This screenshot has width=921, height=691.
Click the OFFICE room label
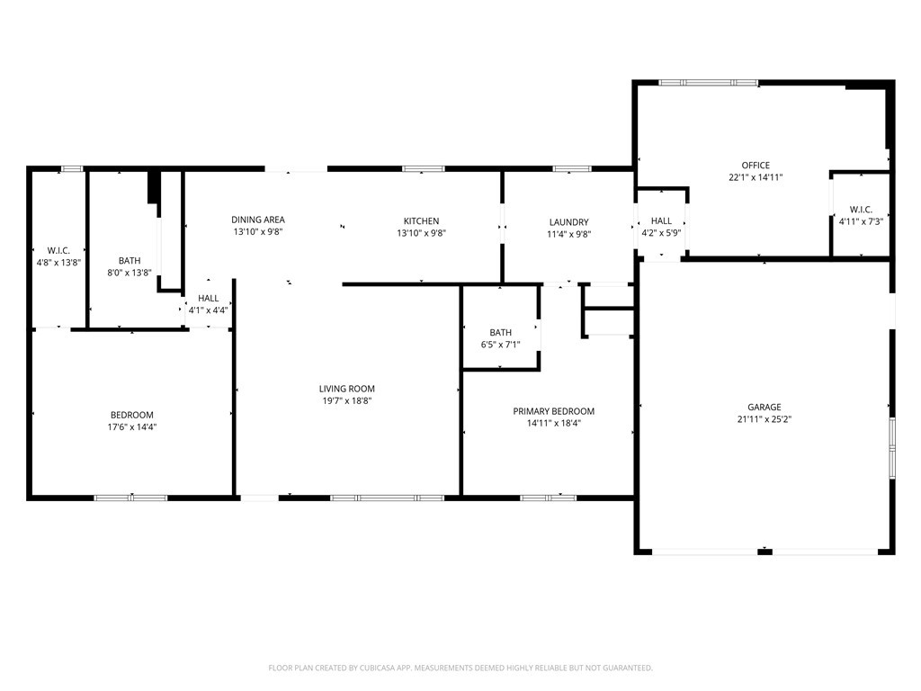click(x=756, y=166)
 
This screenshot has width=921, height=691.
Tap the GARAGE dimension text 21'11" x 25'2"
click(x=764, y=419)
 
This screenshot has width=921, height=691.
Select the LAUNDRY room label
click(x=568, y=222)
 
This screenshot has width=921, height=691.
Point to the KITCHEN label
click(x=421, y=220)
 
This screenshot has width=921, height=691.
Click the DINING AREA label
click(x=258, y=220)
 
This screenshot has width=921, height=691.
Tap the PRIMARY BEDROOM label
click(x=553, y=411)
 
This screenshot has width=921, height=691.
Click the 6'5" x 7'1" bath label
click(x=500, y=344)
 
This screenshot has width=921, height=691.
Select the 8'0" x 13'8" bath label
click(x=129, y=272)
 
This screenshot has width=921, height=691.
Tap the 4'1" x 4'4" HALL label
click(x=208, y=310)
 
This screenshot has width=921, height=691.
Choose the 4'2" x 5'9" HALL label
click(x=661, y=233)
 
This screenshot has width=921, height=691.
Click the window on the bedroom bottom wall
click(x=131, y=497)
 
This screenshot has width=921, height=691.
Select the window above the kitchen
click(x=423, y=168)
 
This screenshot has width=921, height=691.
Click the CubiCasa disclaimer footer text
click(x=460, y=668)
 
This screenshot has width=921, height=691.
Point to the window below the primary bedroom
click(x=548, y=497)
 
